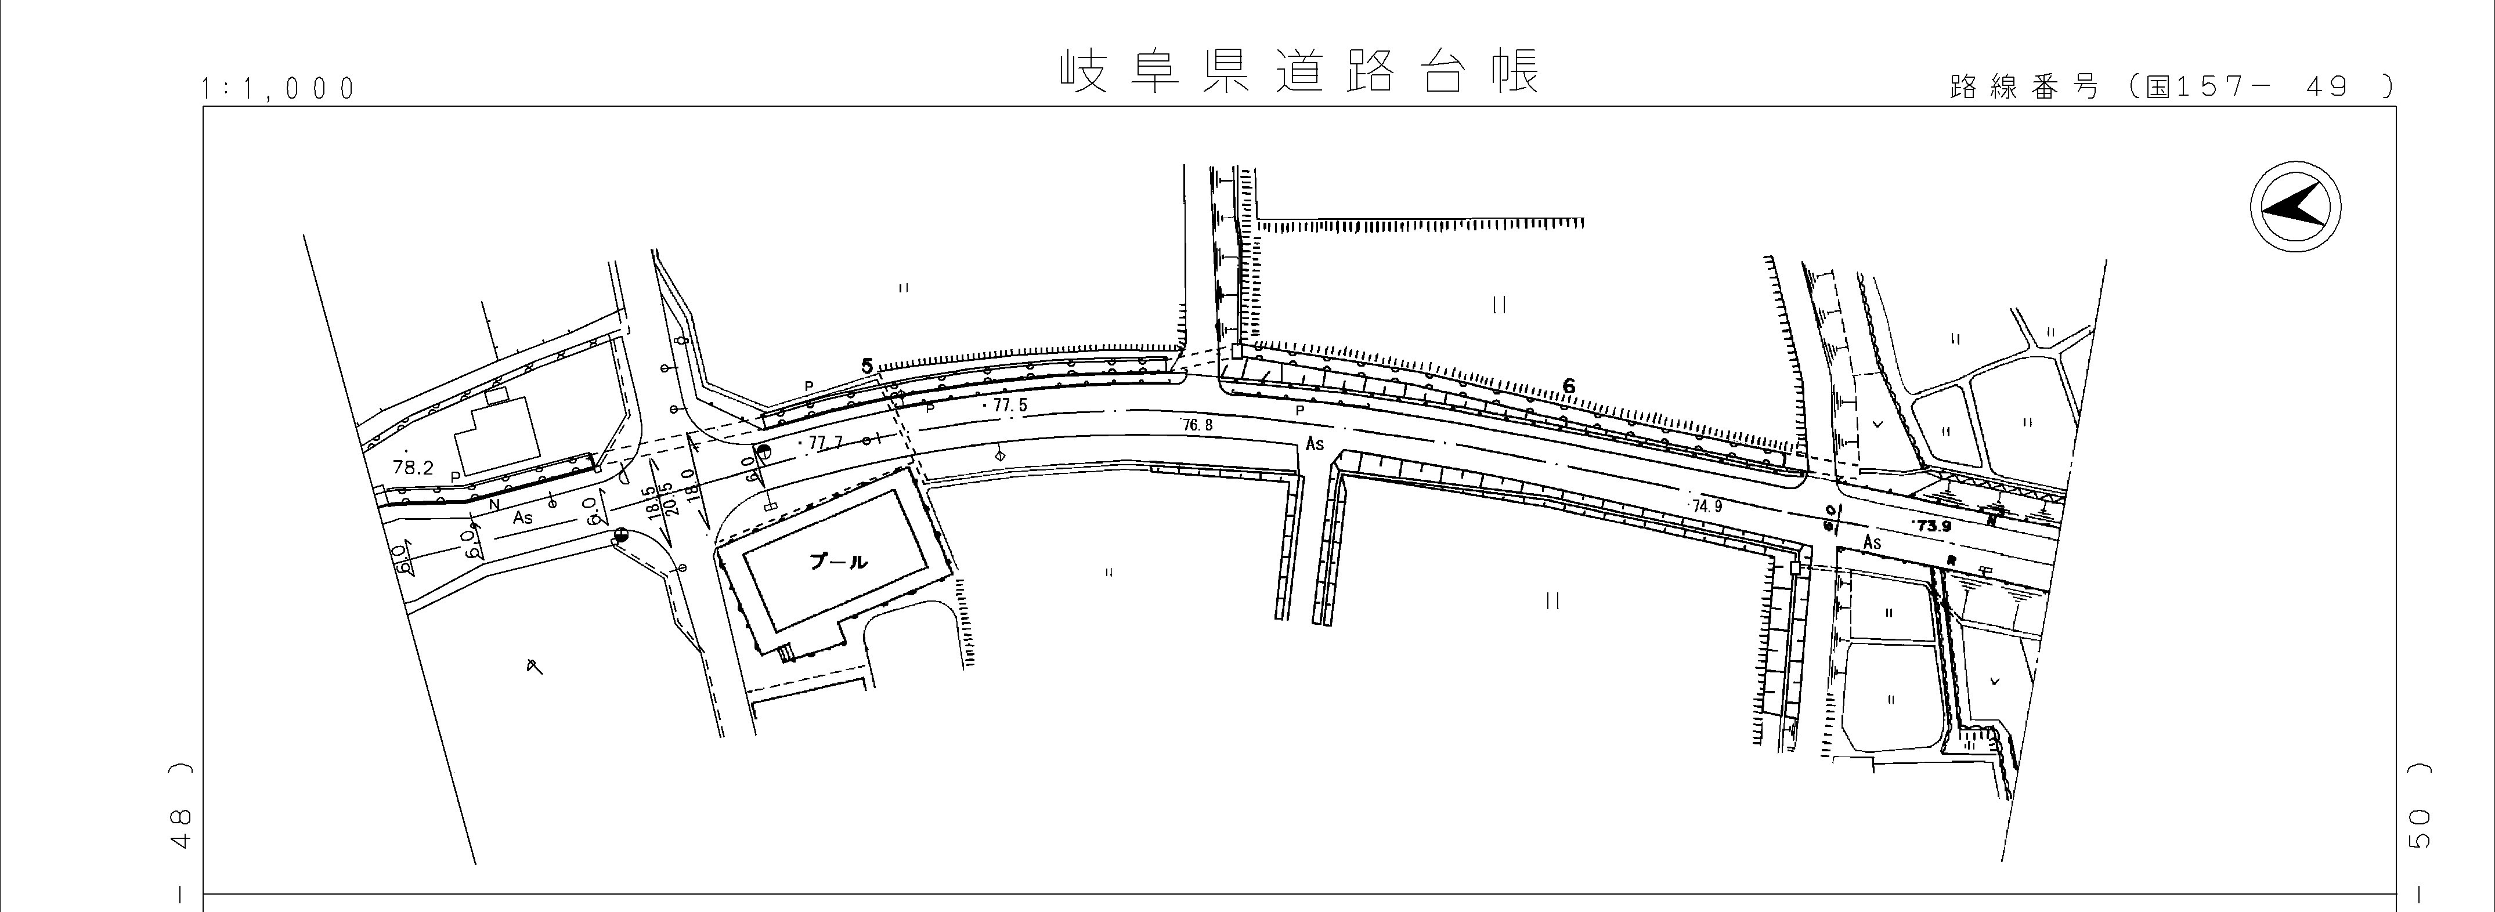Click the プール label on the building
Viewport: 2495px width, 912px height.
point(839,562)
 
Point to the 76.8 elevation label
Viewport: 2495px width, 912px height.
point(1197,425)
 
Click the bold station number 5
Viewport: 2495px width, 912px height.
point(868,365)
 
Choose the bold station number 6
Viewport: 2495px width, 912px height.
point(1569,386)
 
